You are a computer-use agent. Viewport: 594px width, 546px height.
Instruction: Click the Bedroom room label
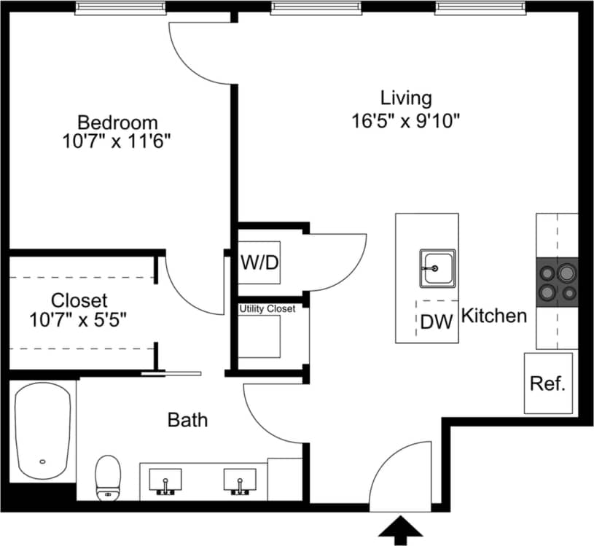tap(117, 122)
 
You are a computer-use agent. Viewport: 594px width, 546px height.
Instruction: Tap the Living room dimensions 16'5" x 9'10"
tap(406, 120)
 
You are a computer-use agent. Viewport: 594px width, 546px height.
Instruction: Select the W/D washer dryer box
tap(260, 262)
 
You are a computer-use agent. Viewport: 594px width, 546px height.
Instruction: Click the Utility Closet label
tap(267, 309)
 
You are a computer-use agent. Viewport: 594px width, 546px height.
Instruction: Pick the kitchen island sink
tap(437, 268)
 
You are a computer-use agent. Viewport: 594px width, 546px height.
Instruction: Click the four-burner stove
tap(558, 282)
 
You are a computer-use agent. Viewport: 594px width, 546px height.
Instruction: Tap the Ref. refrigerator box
tap(548, 383)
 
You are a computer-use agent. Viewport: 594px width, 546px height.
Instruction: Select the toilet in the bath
tap(108, 478)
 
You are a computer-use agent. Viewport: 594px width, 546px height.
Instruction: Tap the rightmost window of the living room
tap(480, 8)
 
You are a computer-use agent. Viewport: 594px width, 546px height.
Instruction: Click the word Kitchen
tap(495, 316)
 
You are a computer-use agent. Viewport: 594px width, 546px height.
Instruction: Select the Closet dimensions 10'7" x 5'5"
tap(79, 319)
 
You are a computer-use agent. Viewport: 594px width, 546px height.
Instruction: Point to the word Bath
tap(187, 420)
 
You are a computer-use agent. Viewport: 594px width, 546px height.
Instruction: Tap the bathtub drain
tap(43, 461)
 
